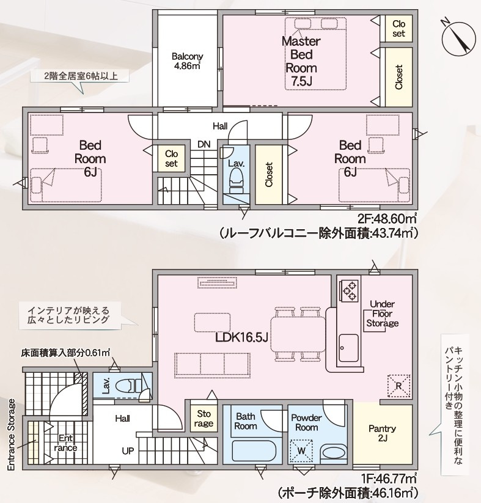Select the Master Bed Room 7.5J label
[x=301, y=61]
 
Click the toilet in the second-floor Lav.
[x=235, y=179]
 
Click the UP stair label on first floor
[x=128, y=450]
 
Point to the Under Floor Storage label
[x=383, y=314]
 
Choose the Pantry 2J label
[x=383, y=433]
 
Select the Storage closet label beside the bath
[x=204, y=419]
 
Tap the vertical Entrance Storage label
[x=11, y=435]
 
